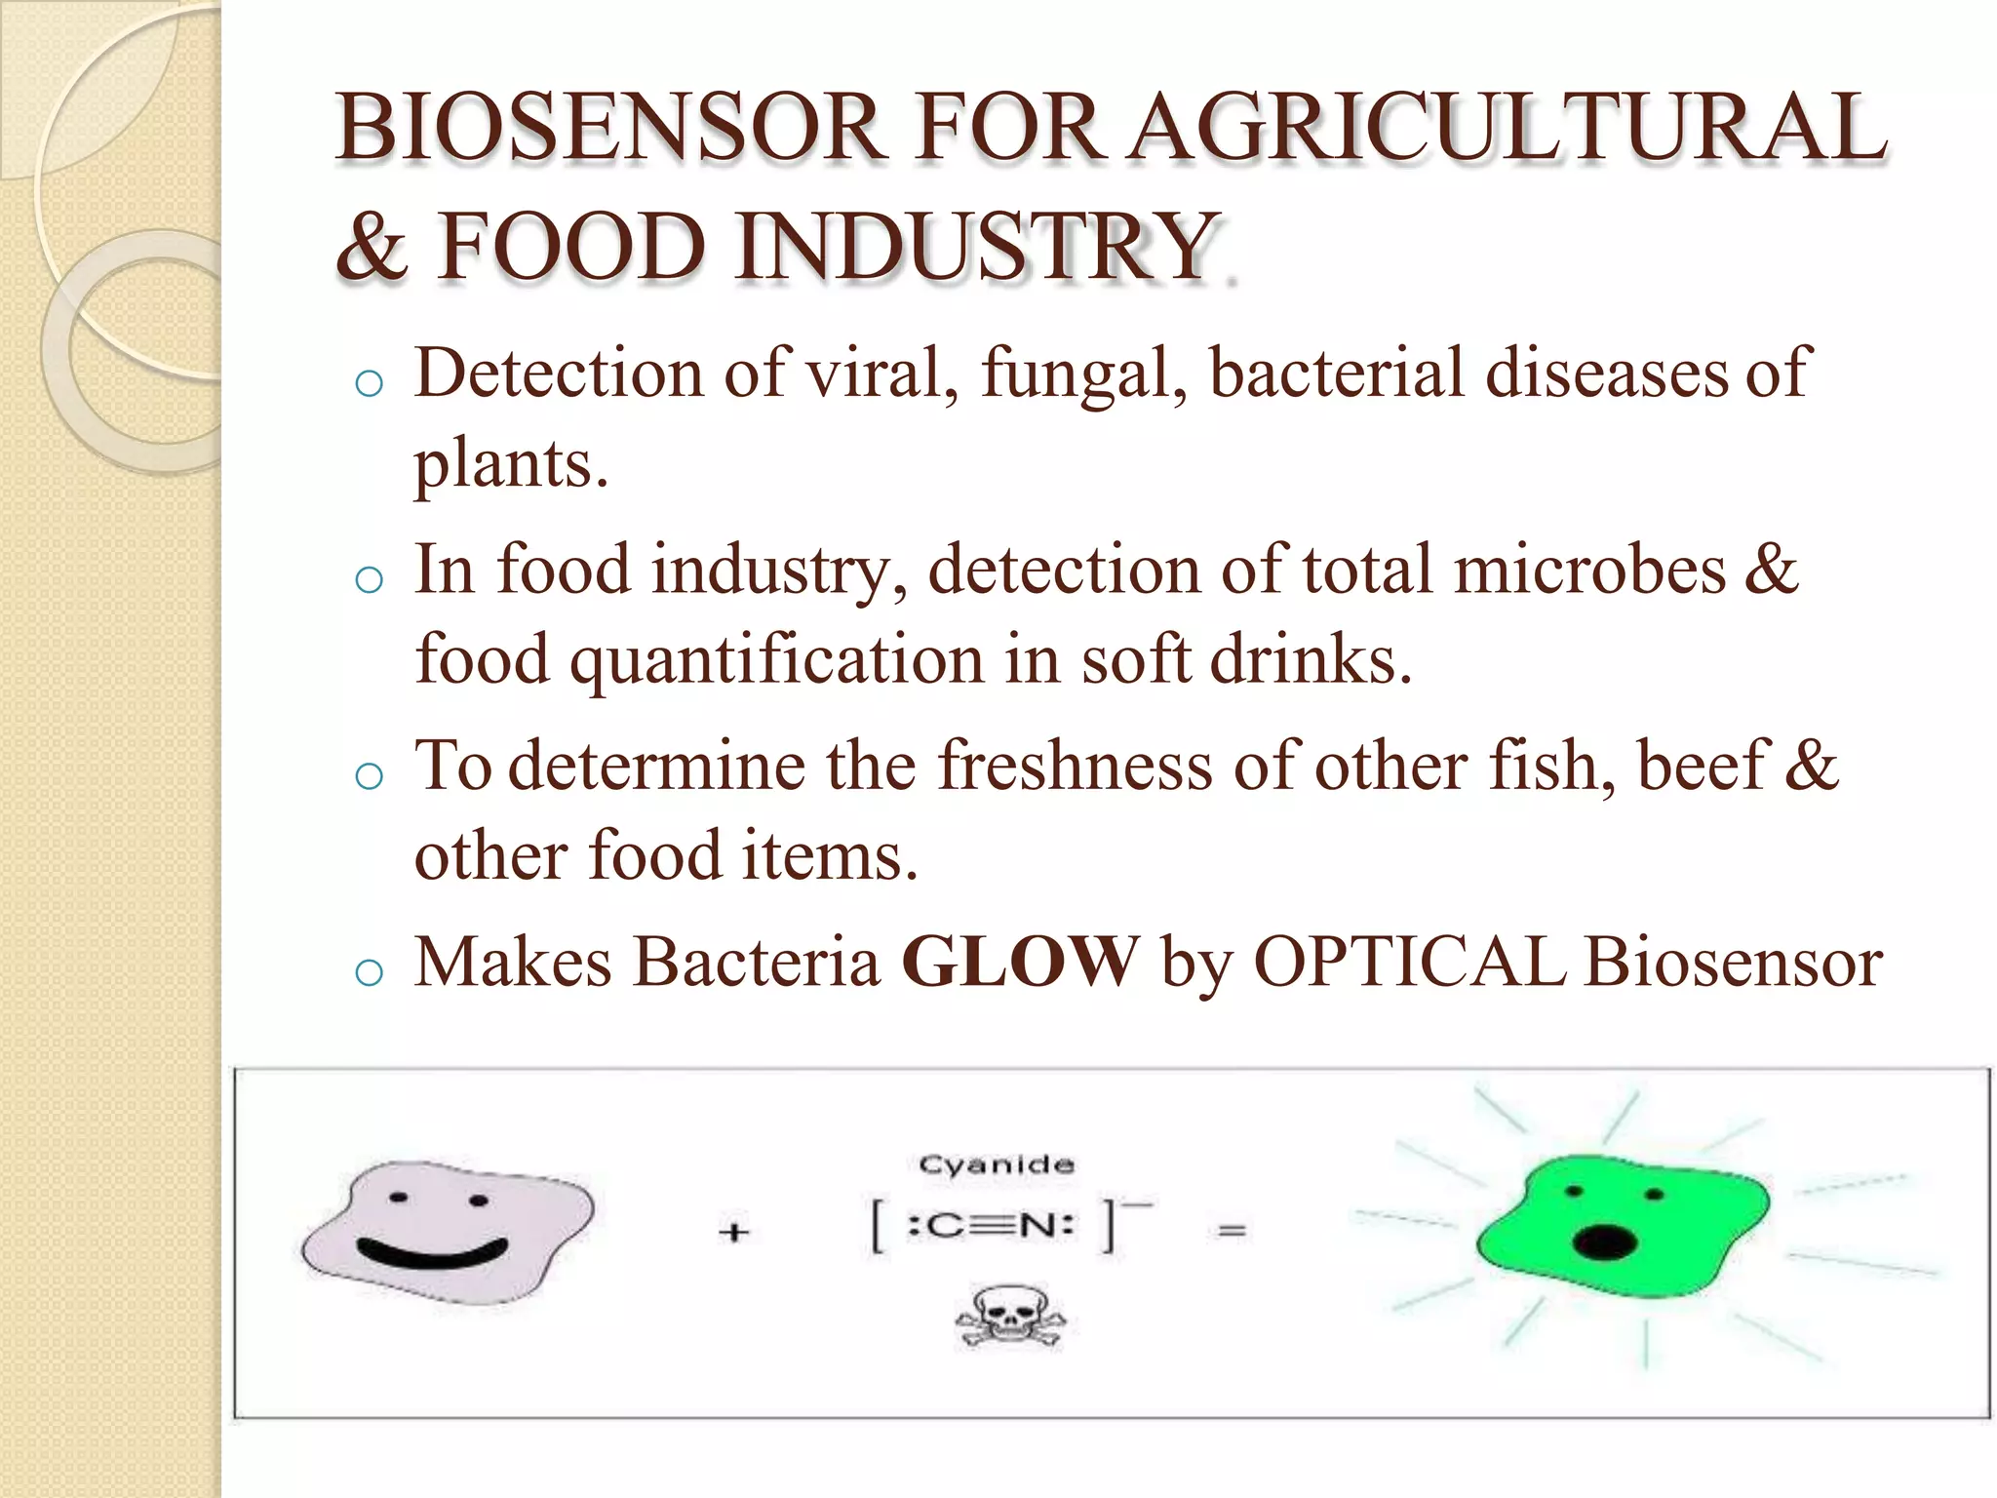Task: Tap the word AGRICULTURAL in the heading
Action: click(x=1508, y=129)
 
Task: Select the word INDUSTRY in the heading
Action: click(x=975, y=248)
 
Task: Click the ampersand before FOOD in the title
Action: click(x=371, y=248)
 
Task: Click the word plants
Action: click(x=510, y=465)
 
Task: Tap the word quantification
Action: click(x=777, y=660)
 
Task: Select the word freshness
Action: click(x=1075, y=767)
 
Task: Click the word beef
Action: click(x=1702, y=767)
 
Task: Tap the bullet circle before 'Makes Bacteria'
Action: click(x=370, y=972)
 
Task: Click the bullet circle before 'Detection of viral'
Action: click(x=370, y=384)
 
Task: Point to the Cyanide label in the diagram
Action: click(x=997, y=1164)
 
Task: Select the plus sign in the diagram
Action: click(x=734, y=1233)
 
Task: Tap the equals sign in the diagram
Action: click(x=1232, y=1231)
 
